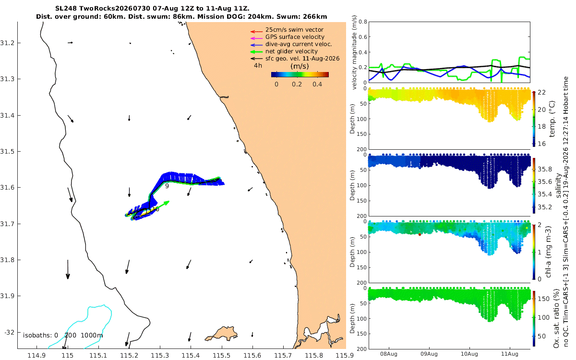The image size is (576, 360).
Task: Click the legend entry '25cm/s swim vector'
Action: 294,30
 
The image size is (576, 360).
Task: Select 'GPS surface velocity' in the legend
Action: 295,37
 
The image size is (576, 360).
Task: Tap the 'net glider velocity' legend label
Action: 291,51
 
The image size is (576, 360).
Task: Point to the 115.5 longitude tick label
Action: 221,355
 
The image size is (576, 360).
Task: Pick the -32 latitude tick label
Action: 9,332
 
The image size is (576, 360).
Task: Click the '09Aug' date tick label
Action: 429,354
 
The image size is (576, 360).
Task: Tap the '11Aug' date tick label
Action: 510,354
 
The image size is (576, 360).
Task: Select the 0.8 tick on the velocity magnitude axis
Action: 363,22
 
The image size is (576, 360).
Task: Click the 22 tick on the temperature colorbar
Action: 541,92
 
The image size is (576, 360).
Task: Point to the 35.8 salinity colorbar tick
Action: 545,169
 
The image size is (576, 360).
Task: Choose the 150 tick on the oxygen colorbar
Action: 543,299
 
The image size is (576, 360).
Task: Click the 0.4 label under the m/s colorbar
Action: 317,84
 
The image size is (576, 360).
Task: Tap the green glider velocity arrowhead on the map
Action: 167,203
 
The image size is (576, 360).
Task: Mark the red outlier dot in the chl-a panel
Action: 420,234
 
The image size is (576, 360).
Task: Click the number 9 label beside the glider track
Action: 167,186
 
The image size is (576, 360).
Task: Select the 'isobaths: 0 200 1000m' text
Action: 63,336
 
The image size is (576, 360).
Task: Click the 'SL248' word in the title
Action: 66,9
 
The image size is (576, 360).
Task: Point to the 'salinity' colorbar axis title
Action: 558,185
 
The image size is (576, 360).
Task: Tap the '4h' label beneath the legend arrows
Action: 258,66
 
